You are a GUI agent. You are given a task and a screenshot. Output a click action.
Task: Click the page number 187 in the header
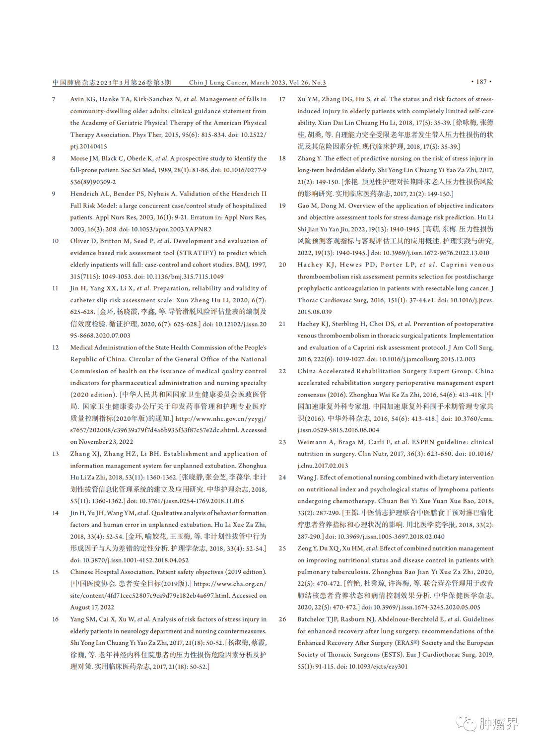pyautogui.click(x=481, y=82)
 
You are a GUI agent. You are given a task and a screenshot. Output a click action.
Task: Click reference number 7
pyautogui.click(x=54, y=99)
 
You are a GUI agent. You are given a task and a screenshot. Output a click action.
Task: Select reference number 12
pyautogui.click(x=56, y=347)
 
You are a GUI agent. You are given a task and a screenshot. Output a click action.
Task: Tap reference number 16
pyautogui.click(x=56, y=619)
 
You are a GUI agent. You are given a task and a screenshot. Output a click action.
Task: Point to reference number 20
pyautogui.click(x=282, y=265)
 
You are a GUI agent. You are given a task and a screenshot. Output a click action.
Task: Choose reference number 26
pyautogui.click(x=282, y=619)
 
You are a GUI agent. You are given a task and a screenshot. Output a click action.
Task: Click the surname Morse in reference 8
pyautogui.click(x=79, y=158)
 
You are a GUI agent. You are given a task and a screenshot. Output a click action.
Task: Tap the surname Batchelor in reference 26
pyautogui.click(x=312, y=619)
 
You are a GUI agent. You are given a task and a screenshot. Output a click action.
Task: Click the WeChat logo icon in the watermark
pyautogui.click(x=466, y=723)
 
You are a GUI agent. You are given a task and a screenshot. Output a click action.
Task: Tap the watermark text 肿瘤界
pyautogui.click(x=498, y=724)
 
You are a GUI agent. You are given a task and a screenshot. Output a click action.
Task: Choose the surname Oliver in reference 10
pyautogui.click(x=79, y=241)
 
